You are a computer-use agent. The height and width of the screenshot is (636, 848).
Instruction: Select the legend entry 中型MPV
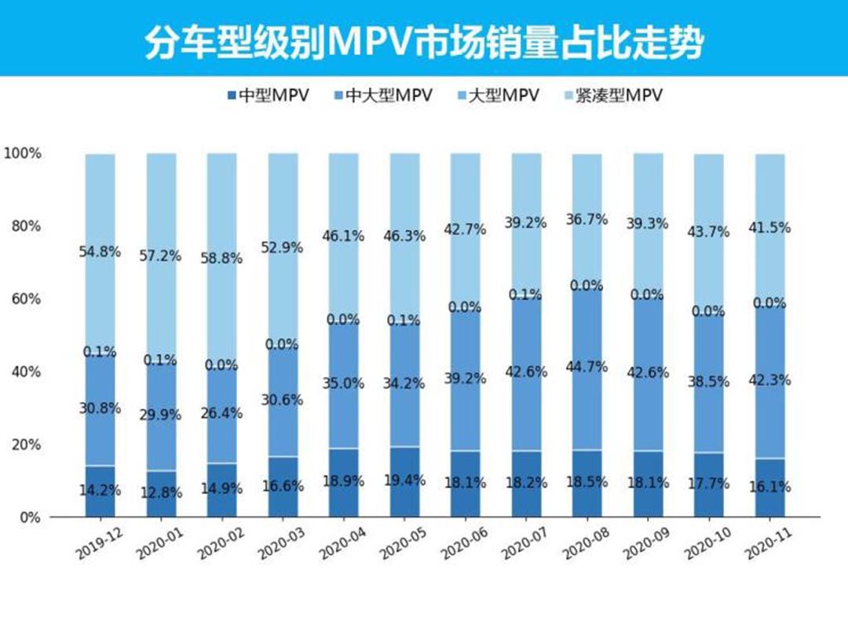tap(267, 96)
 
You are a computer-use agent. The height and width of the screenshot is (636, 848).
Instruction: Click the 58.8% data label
tap(221, 258)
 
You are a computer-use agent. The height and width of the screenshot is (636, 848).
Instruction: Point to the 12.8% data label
tap(160, 493)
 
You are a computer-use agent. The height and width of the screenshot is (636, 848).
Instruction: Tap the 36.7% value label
tap(587, 220)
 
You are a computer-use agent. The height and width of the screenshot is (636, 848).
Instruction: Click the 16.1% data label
tap(770, 487)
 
